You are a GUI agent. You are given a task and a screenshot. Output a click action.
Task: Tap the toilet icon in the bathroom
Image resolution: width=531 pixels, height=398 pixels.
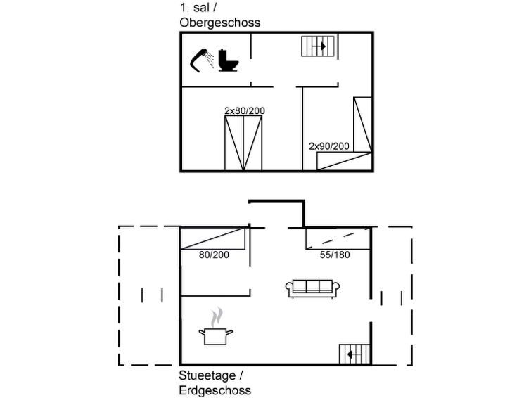(228, 60)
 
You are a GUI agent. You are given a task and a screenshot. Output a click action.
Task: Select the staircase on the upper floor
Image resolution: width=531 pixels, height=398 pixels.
(318, 46)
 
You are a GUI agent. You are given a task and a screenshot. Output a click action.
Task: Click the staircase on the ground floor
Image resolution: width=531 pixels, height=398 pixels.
(354, 354)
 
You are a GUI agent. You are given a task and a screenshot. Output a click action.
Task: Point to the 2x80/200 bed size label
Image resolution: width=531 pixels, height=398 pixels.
(245, 111)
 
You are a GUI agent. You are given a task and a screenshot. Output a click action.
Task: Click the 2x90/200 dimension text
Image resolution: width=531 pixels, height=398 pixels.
(329, 146)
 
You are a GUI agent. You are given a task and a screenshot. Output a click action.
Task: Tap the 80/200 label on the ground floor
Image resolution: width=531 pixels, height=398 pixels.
(214, 255)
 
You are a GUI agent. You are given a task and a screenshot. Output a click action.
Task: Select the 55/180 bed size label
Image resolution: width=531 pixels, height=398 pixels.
(335, 255)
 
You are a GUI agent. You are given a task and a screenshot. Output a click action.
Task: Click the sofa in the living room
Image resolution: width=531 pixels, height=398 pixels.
(312, 289)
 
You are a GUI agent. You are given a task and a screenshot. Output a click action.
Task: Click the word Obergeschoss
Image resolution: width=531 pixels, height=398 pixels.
(219, 23)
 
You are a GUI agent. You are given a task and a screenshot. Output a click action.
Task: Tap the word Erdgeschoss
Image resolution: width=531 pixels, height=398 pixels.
(215, 390)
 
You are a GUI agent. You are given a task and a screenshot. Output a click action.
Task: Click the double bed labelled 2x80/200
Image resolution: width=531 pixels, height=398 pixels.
(243, 143)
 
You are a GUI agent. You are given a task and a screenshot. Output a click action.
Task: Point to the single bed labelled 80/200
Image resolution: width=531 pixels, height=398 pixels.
(212, 238)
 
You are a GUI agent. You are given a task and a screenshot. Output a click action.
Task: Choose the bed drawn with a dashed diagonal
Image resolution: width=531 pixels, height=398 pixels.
(338, 238)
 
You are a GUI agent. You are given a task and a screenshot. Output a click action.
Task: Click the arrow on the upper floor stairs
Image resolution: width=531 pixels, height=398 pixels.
(319, 46)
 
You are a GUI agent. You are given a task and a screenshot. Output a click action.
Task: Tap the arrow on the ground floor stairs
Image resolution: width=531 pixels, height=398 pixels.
(354, 354)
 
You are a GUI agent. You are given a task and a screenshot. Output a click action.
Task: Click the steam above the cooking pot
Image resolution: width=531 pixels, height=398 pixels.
(217, 317)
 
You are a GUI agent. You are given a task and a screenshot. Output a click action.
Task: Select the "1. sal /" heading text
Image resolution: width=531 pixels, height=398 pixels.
(198, 8)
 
